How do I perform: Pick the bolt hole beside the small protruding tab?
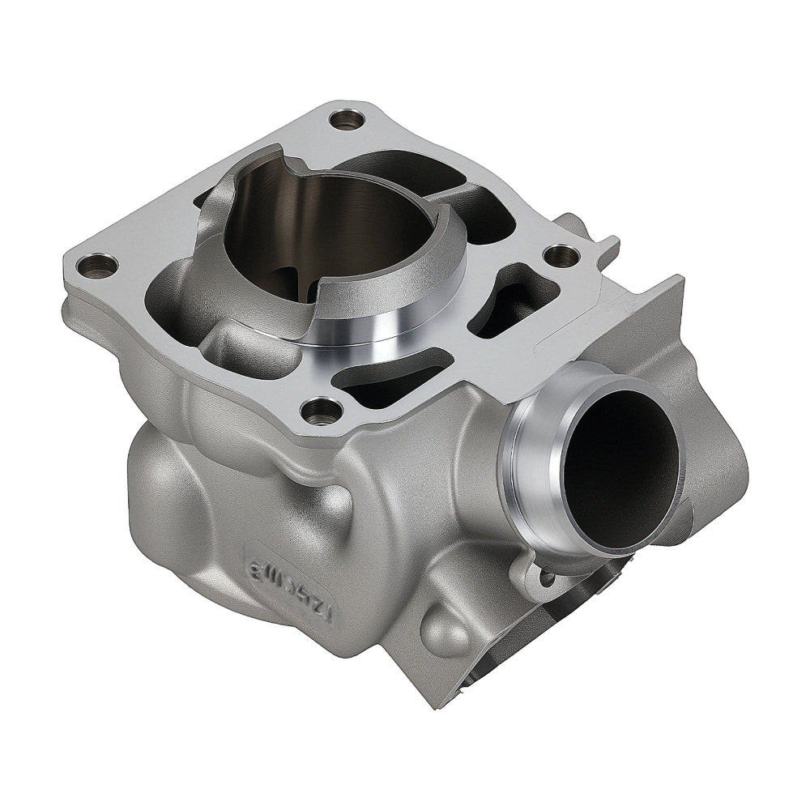pyautogui.click(x=561, y=255)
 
